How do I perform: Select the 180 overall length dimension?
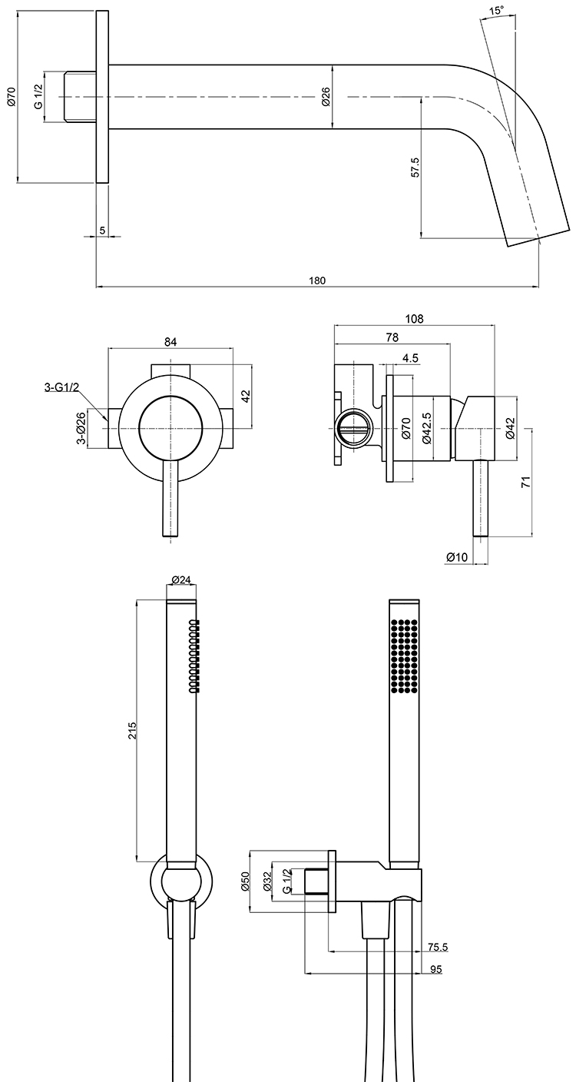coord(316,280)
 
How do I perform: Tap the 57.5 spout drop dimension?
coord(415,167)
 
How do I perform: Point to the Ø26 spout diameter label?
coord(326,97)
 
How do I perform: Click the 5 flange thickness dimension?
coord(102,230)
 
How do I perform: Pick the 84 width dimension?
coord(170,341)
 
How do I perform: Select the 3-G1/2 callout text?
coord(61,387)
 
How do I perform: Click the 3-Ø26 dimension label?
coord(81,426)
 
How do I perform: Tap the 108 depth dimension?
coord(414,318)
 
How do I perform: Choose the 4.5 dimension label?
coord(410,358)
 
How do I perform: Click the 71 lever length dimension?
coord(526,481)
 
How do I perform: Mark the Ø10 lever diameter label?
coord(457,557)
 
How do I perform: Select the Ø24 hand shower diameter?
coord(181,579)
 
